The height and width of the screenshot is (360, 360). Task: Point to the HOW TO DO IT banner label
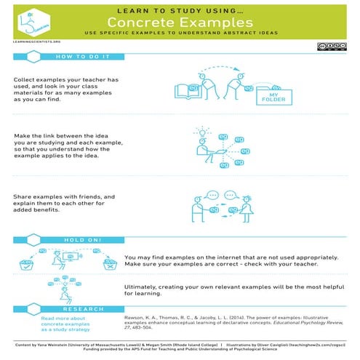point(82,56)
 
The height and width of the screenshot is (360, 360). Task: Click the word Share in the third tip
point(24,197)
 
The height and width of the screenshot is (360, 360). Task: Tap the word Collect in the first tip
point(26,80)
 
